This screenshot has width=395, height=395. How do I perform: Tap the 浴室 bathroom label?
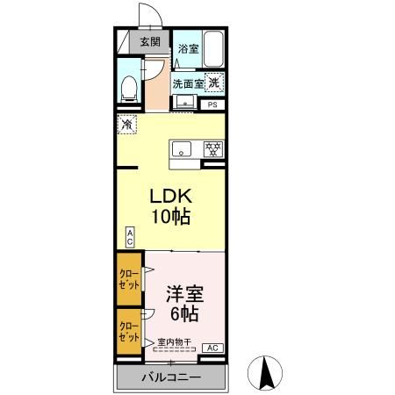coord(187,49)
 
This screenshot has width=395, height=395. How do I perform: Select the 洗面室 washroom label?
coord(187,84)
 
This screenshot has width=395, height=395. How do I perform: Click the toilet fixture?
coord(129,86)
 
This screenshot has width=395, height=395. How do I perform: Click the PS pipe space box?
coord(212,105)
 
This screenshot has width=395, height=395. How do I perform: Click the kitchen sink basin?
coord(183,147)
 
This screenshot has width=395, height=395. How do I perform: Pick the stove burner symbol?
coord(212,147)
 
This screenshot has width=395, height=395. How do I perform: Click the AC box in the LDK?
coord(129,237)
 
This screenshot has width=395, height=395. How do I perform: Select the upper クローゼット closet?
coord(129,279)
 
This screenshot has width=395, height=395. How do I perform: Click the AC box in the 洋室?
coord(212,348)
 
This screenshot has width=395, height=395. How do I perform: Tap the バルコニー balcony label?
coord(172,377)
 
